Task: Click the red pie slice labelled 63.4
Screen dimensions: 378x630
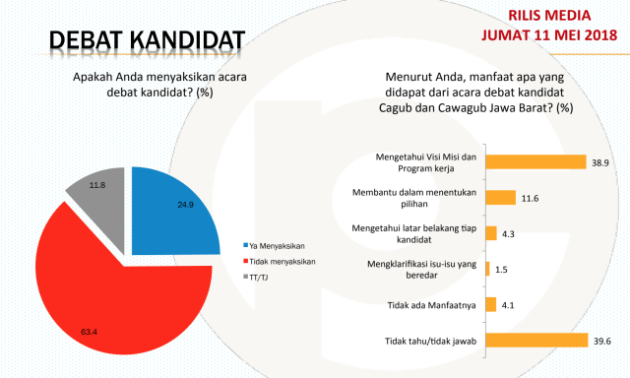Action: coord(118,295)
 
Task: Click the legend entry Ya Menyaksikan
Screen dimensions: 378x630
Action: coord(275,244)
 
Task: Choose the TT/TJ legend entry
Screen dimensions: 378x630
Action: coord(258,277)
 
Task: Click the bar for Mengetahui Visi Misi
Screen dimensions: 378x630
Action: coord(535,161)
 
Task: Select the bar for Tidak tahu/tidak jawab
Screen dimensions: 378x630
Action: coord(536,342)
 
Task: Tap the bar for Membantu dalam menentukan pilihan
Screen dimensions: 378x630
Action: coord(502,198)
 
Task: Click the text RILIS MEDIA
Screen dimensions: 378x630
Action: coord(562,16)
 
